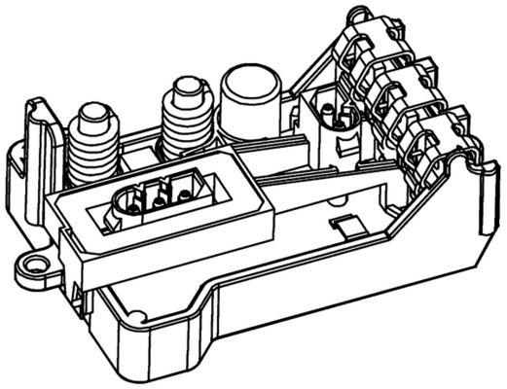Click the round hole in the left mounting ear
click(37, 262)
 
